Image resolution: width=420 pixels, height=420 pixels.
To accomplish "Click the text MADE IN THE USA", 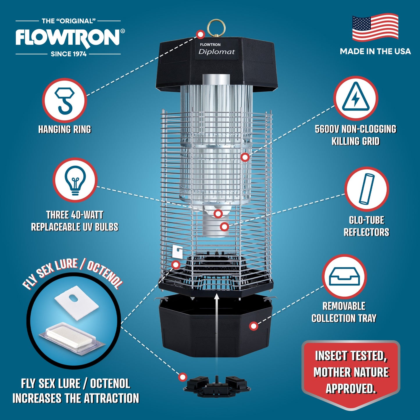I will coord(375,51).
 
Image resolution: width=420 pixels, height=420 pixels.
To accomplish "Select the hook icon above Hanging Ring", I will coord(65,100).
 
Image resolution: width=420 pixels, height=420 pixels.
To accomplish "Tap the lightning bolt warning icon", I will coord(355,98).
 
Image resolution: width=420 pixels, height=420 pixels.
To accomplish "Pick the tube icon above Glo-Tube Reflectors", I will coord(367,189).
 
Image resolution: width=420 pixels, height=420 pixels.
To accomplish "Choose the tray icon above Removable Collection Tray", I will coord(344,276).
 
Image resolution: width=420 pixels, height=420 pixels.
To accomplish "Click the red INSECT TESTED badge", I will coord(351,372).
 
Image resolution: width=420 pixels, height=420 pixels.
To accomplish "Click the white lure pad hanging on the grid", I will coord(177,251).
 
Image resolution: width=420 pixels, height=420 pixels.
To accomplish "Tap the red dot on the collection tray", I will coord(254,326).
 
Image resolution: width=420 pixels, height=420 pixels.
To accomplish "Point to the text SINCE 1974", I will coord(69,54).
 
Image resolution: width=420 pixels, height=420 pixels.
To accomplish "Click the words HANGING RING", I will coord(65,129).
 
